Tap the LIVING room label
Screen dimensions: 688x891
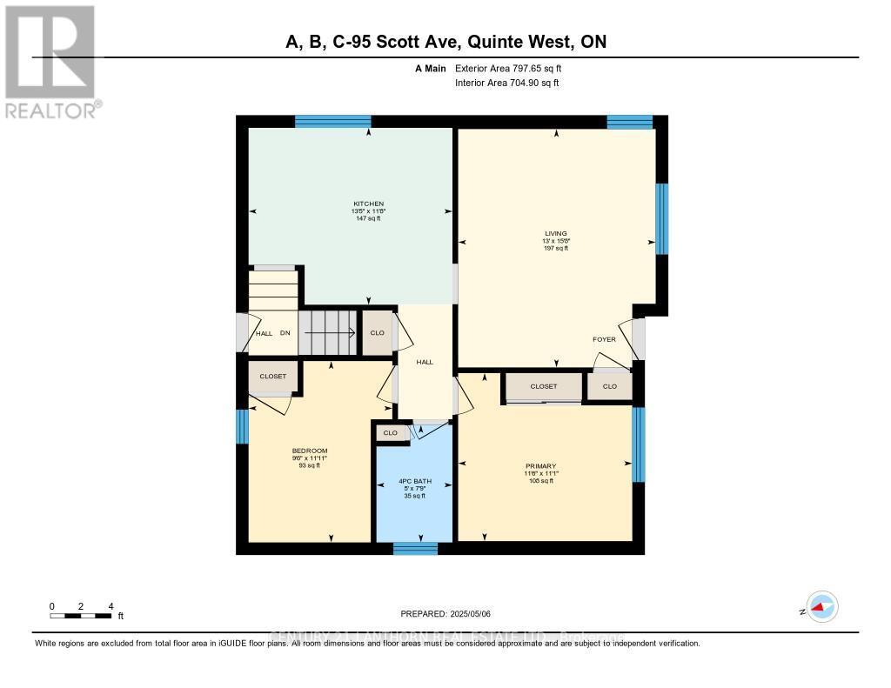tap(555, 233)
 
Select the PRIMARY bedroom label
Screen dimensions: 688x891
tap(540, 466)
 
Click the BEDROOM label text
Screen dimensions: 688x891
tap(309, 451)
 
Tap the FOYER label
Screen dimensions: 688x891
tap(604, 340)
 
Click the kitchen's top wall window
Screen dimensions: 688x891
tap(332, 122)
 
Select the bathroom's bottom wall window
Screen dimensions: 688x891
tap(414, 548)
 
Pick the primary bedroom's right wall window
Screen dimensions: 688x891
tap(638, 444)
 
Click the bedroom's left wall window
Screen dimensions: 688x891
tap(242, 426)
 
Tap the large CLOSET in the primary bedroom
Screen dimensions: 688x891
tap(543, 386)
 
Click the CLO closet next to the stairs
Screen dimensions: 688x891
tap(377, 332)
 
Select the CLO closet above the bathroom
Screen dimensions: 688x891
tap(391, 432)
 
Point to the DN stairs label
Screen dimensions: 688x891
tap(285, 333)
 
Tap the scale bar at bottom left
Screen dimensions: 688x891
tap(81, 615)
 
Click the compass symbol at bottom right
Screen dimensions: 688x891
tap(821, 607)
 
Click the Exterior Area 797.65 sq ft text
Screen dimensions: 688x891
tap(514, 68)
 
